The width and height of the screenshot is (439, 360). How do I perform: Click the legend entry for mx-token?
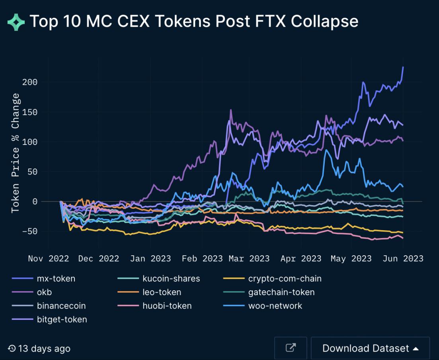55,279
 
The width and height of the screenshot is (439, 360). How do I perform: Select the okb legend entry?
44,292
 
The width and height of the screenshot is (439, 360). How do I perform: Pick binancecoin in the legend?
61,306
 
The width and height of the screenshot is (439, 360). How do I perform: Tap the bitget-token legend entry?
62,319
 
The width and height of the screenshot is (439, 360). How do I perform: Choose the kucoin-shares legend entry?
171,279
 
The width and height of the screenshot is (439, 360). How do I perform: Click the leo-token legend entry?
162,292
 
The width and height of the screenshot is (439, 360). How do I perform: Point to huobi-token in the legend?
167,306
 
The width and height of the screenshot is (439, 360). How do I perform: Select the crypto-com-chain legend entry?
285,279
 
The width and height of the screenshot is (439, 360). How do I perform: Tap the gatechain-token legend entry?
281,292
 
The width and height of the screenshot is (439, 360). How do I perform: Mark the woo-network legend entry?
275,306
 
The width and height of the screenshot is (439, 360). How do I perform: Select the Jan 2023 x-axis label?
150,259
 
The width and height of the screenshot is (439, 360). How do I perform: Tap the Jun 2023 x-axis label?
403,259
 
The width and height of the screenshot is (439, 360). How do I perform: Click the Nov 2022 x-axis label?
49,259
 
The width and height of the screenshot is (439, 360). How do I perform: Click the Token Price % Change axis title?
16,153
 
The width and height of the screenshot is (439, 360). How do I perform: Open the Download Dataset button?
370,348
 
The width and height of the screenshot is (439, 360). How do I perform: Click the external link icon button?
291,348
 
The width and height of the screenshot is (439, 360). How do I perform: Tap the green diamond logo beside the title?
16,22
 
